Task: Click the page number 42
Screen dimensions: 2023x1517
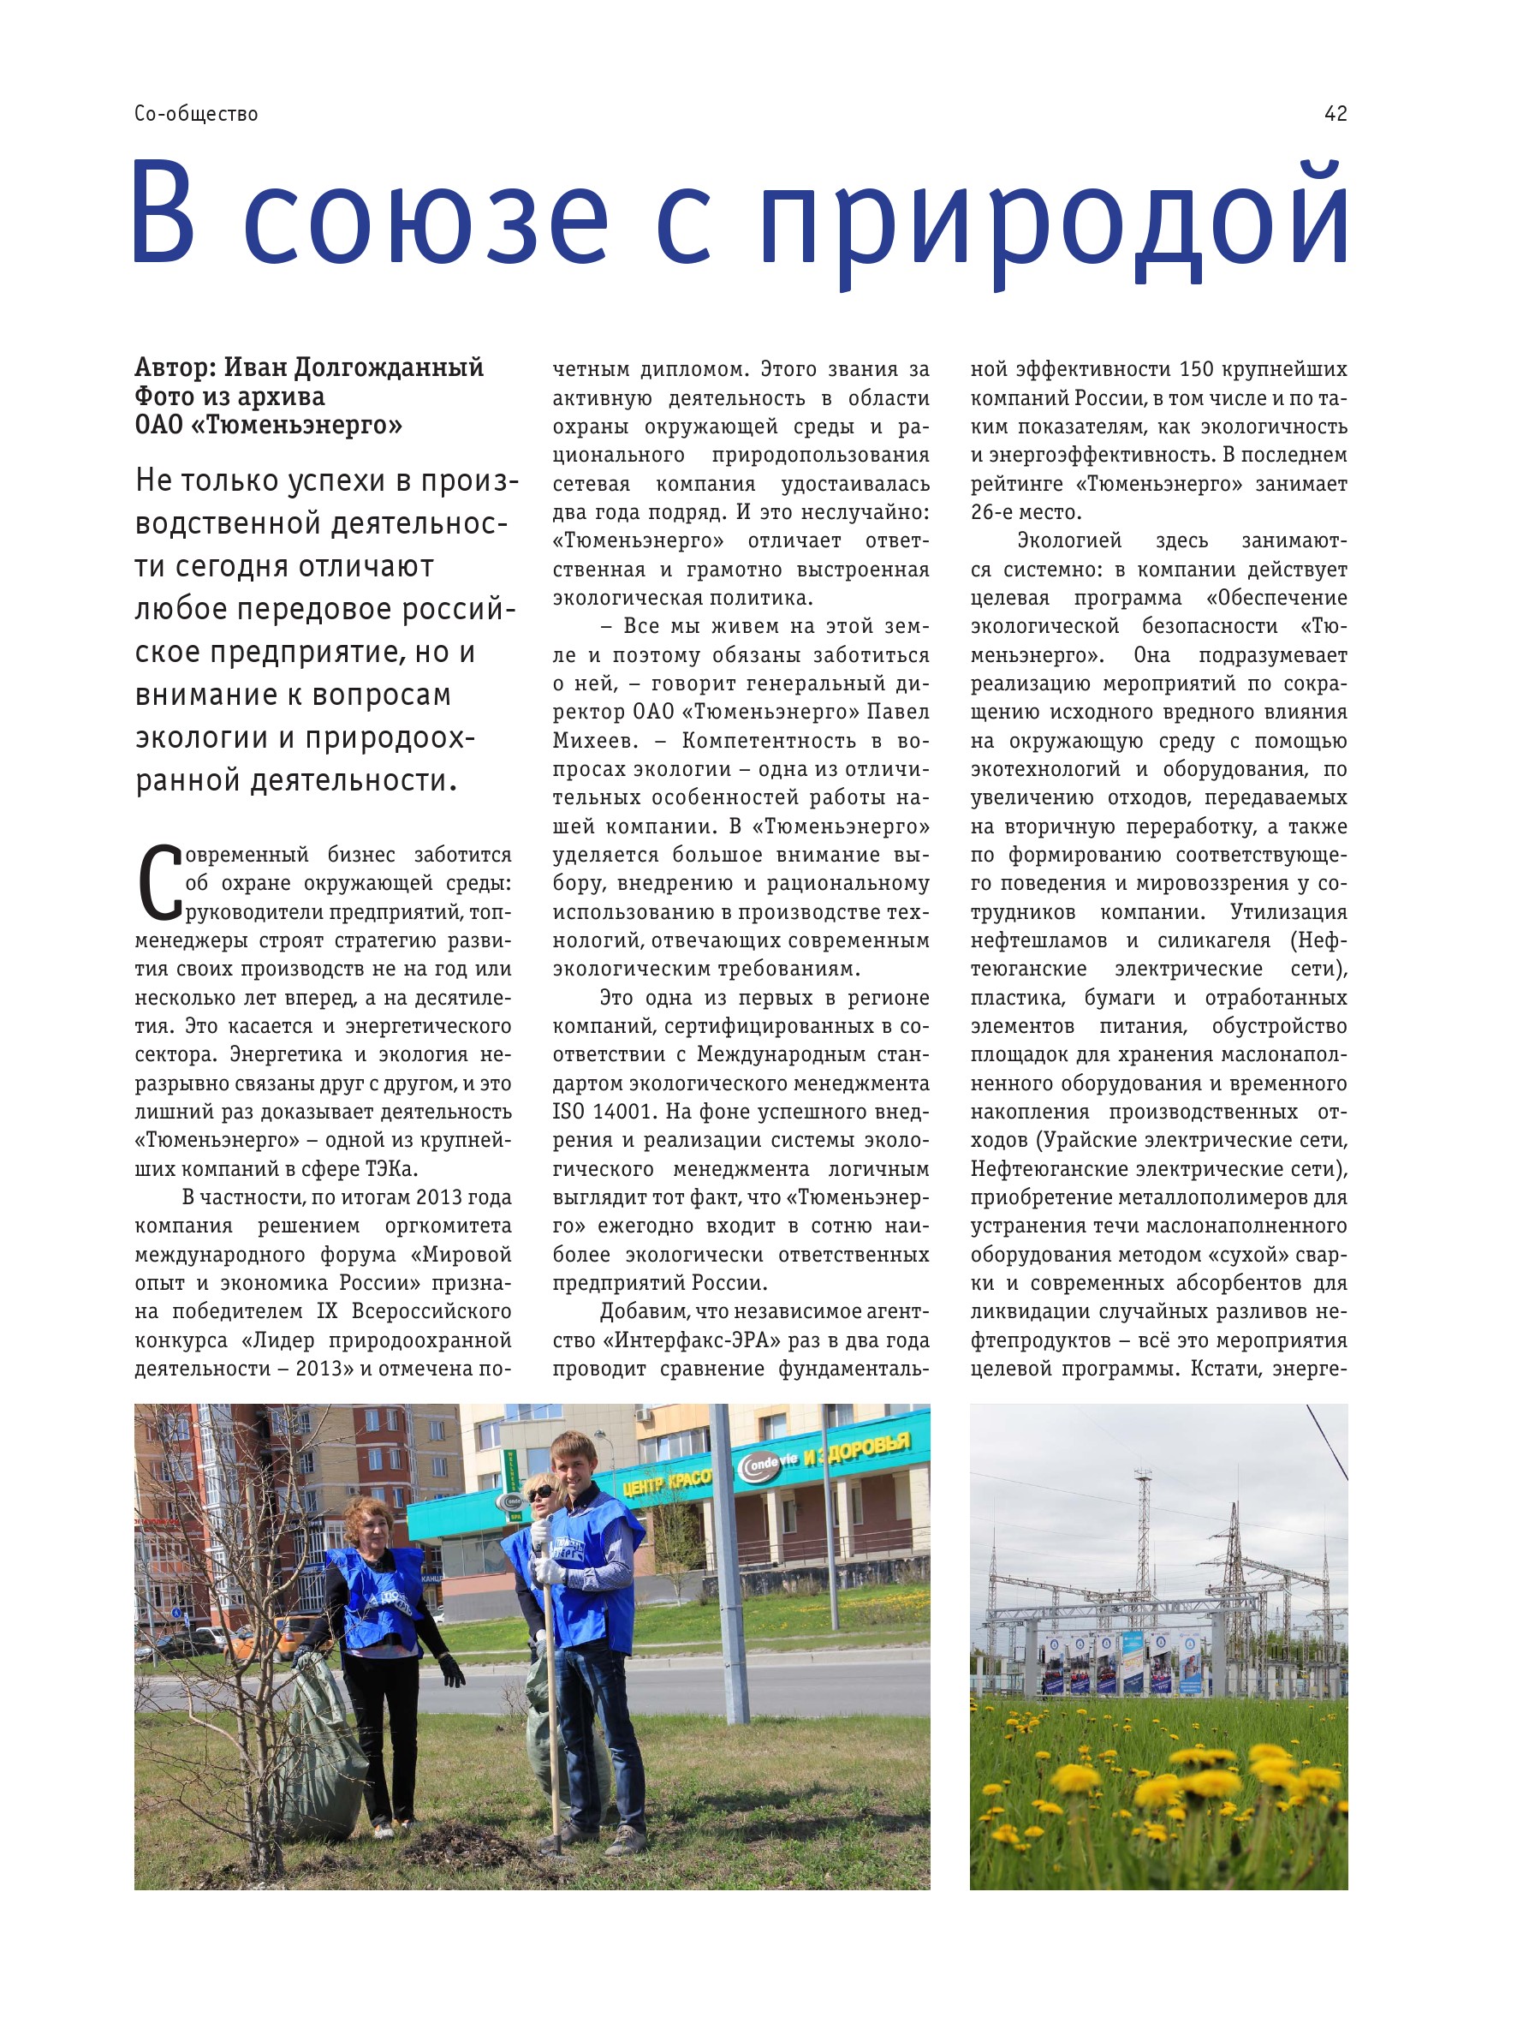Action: pyautogui.click(x=1335, y=113)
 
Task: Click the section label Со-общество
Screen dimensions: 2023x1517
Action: pyautogui.click(x=196, y=113)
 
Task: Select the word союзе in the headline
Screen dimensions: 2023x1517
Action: pyautogui.click(x=425, y=219)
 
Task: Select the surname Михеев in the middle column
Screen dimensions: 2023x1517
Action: pyautogui.click(x=592, y=740)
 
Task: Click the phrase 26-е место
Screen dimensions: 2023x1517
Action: pyautogui.click(x=1026, y=512)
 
